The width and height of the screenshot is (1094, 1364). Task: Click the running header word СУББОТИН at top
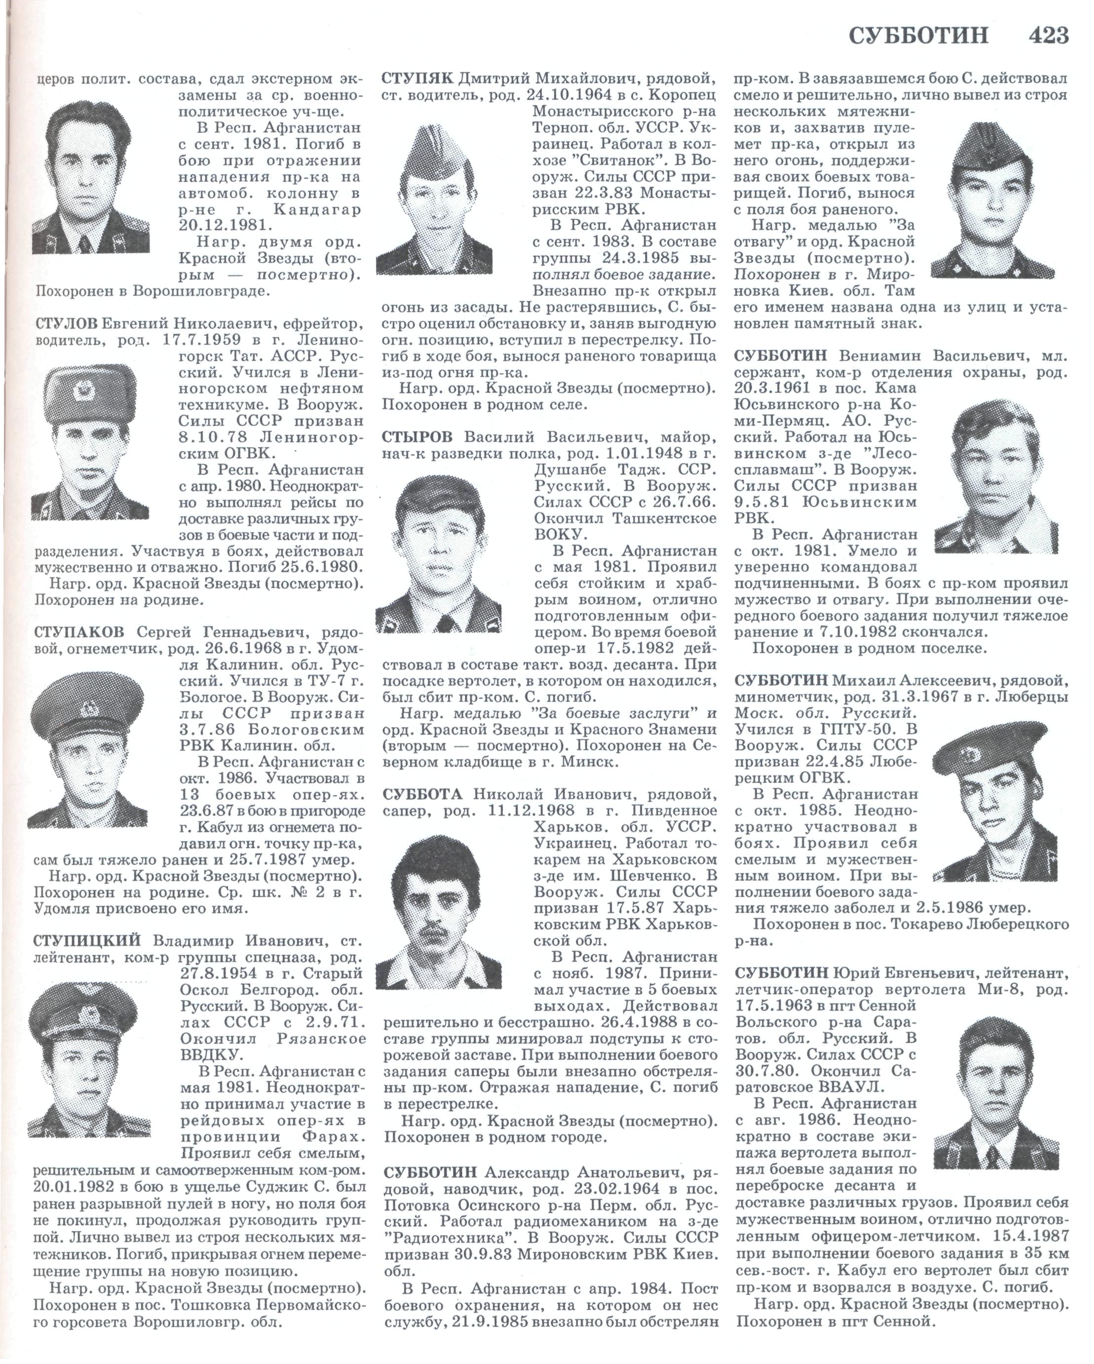(x=917, y=36)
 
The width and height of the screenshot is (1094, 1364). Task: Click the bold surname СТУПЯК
(x=418, y=79)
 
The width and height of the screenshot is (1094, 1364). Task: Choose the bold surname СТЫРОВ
(x=418, y=437)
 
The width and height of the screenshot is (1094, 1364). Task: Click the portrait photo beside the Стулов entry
(x=90, y=442)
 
